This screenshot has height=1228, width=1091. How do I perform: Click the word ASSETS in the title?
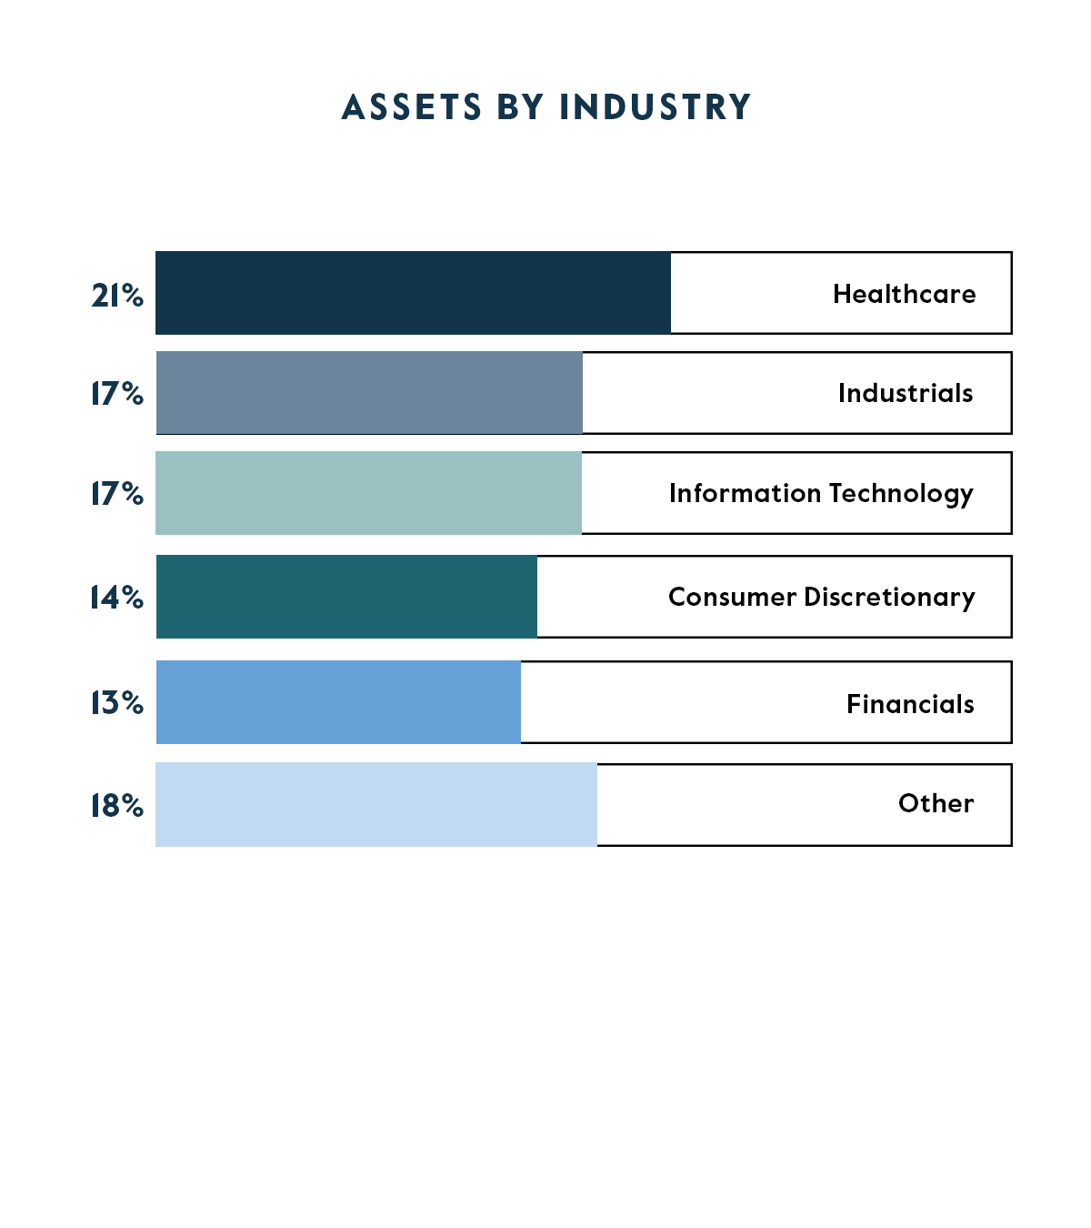[x=412, y=107]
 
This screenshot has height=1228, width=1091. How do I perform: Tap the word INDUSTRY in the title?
[x=656, y=107]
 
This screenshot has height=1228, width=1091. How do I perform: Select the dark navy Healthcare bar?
[x=413, y=293]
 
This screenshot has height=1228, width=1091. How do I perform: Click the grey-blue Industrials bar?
[x=369, y=393]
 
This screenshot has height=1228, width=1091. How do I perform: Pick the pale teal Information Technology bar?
[x=368, y=493]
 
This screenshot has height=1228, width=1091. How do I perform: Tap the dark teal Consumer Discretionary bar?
[x=346, y=597]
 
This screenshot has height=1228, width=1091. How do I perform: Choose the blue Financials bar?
[x=338, y=702]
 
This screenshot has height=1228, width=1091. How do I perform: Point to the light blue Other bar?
[x=376, y=805]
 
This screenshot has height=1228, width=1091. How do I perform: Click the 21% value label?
[x=117, y=296]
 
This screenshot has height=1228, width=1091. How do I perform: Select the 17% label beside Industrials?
[x=117, y=394]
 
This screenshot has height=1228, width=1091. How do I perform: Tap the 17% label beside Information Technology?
[x=117, y=494]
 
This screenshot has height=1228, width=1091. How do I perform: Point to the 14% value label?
[x=117, y=598]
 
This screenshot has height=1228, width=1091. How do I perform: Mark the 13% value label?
[x=117, y=703]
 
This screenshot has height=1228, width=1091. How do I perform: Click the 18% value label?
[x=117, y=806]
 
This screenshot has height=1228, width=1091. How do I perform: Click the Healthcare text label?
[x=904, y=294]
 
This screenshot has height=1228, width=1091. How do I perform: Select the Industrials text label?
[x=906, y=393]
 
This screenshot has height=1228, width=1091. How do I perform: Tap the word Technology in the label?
[x=901, y=494]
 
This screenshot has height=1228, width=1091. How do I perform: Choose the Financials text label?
[x=910, y=704]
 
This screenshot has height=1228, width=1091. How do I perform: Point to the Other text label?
[x=936, y=803]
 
